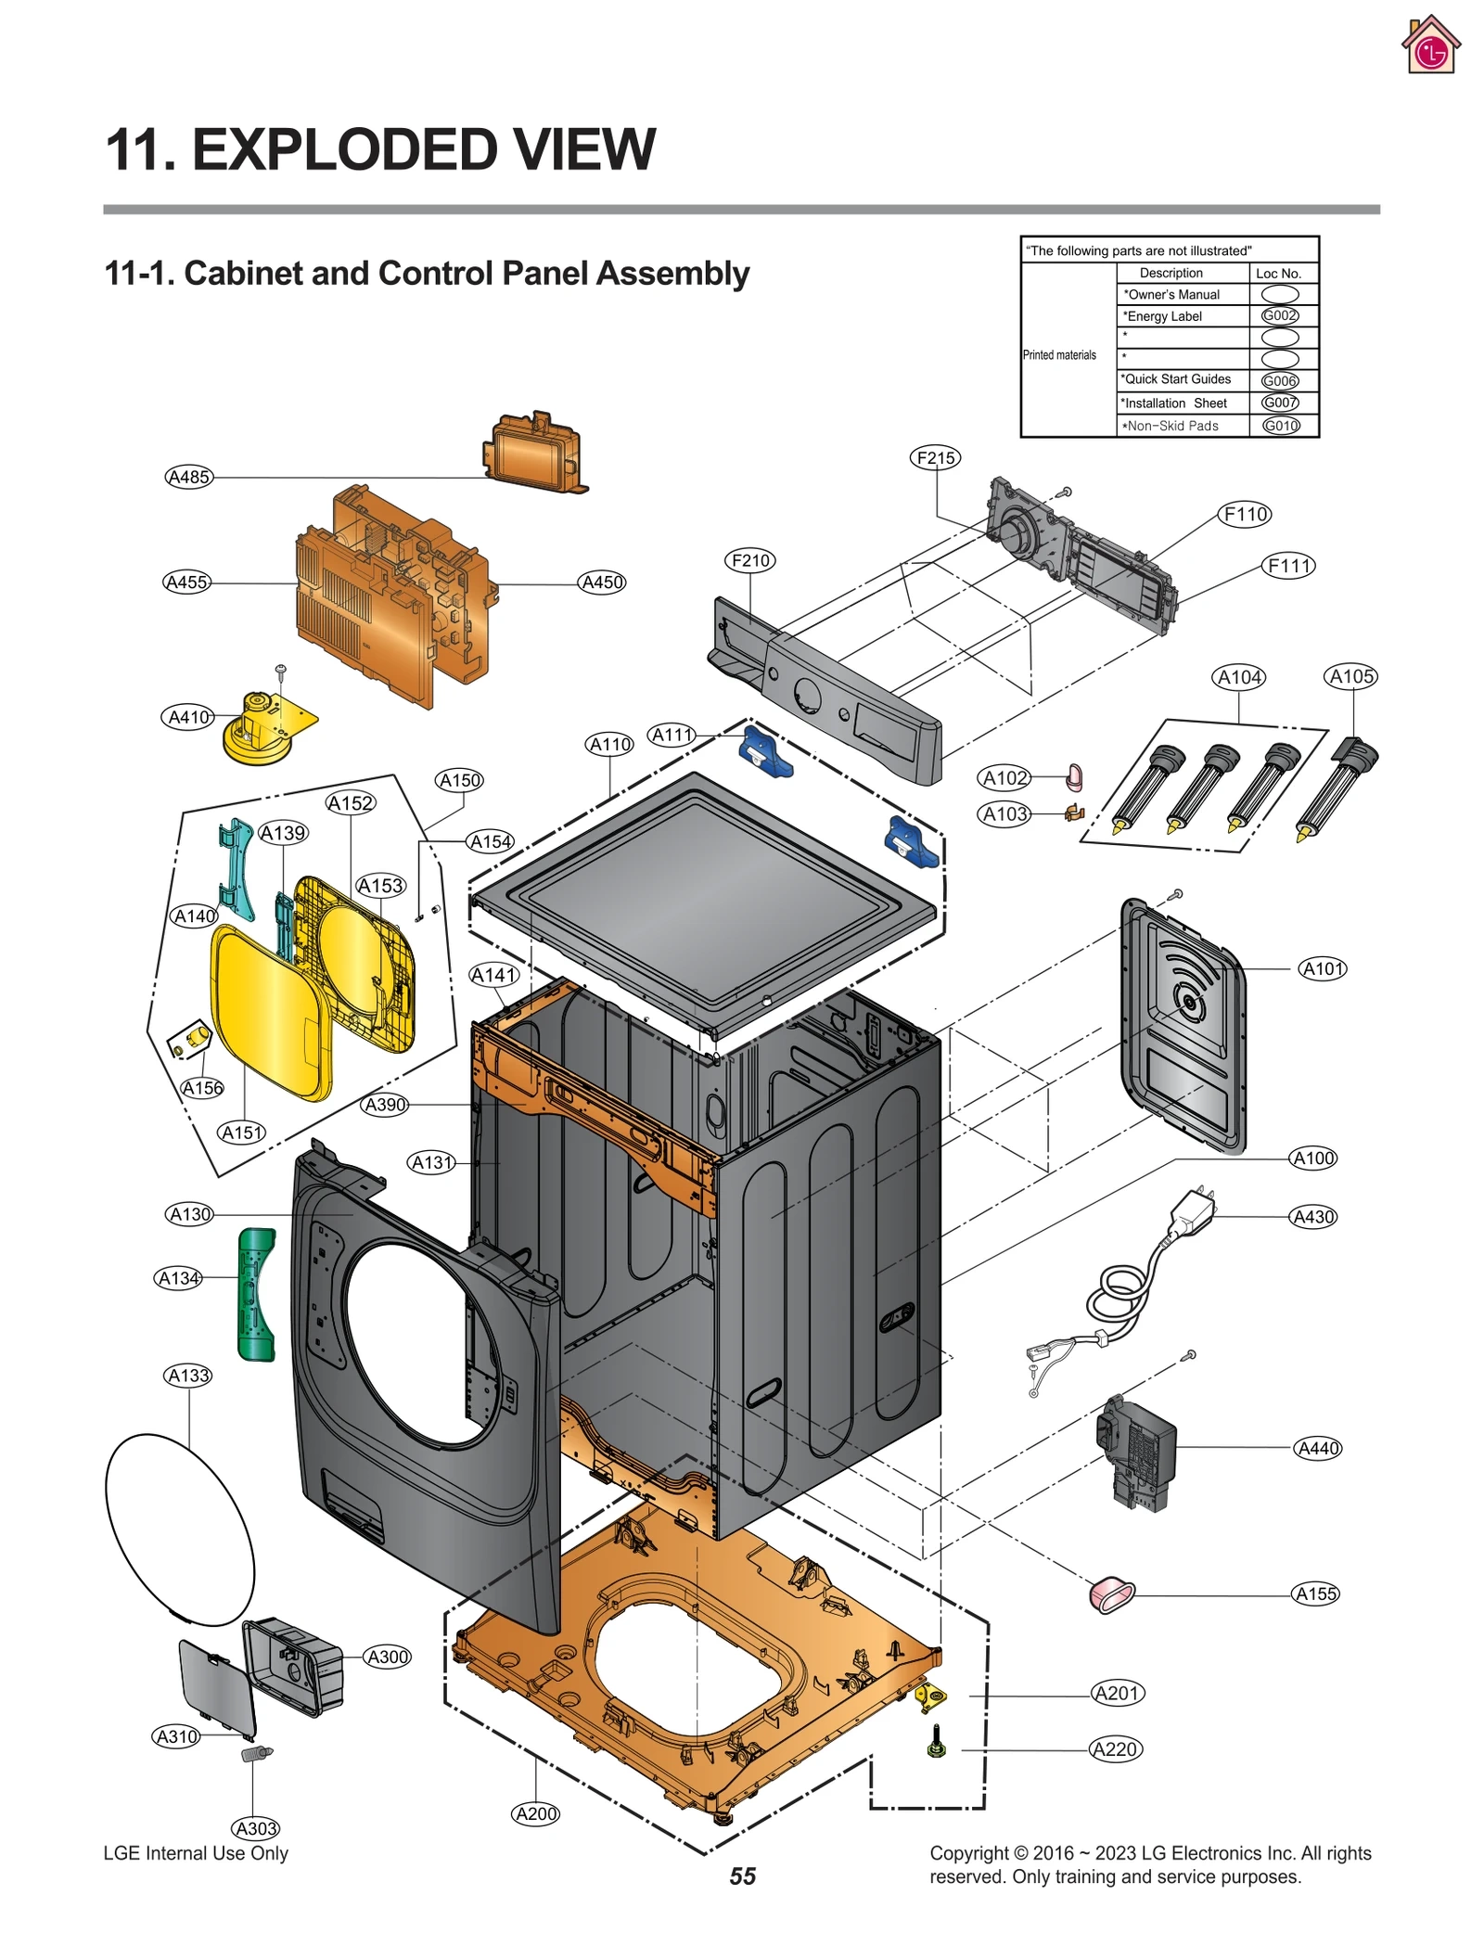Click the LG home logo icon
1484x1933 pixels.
pos(1430,45)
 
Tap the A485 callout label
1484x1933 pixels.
pos(189,477)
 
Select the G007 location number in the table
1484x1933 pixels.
pos(1280,403)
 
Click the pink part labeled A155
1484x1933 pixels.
pos(1111,1594)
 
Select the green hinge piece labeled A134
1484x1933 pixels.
pos(256,1294)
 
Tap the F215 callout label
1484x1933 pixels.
pos(935,457)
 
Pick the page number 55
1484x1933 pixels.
pos(742,1876)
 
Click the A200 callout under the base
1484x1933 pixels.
pos(535,1813)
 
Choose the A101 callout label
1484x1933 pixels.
pos(1322,968)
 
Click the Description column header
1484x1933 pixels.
pos(1171,273)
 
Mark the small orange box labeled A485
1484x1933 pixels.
pos(533,454)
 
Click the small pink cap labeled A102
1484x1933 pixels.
pos(1075,775)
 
